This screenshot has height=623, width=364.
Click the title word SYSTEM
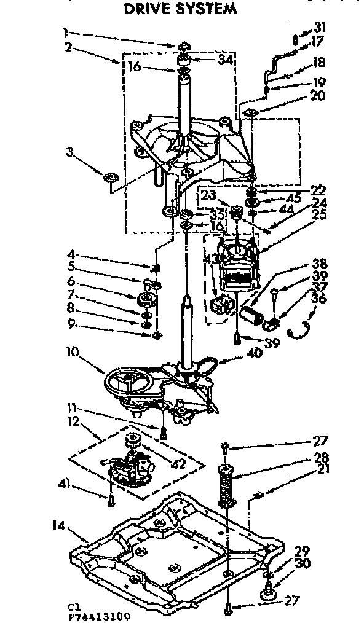point(207,9)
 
